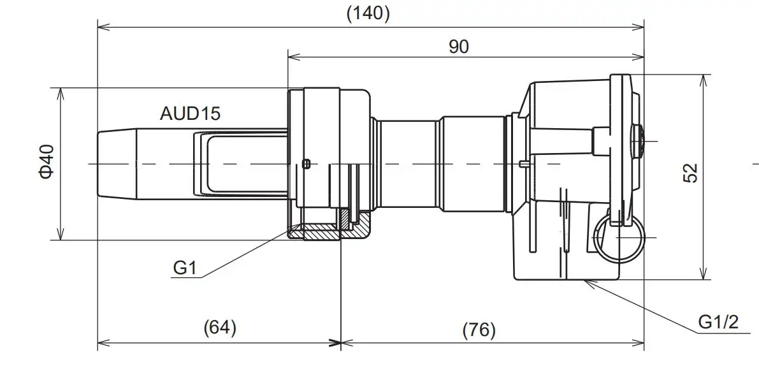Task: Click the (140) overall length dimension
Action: point(368,13)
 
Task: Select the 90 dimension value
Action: point(458,47)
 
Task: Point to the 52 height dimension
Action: point(690,173)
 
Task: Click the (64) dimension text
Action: point(219,328)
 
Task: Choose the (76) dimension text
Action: point(479,330)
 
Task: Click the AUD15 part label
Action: point(190,113)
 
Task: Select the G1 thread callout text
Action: point(184,268)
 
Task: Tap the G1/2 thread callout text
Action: point(718,322)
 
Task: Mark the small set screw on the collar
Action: point(307,164)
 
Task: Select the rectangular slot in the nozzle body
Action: point(242,164)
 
